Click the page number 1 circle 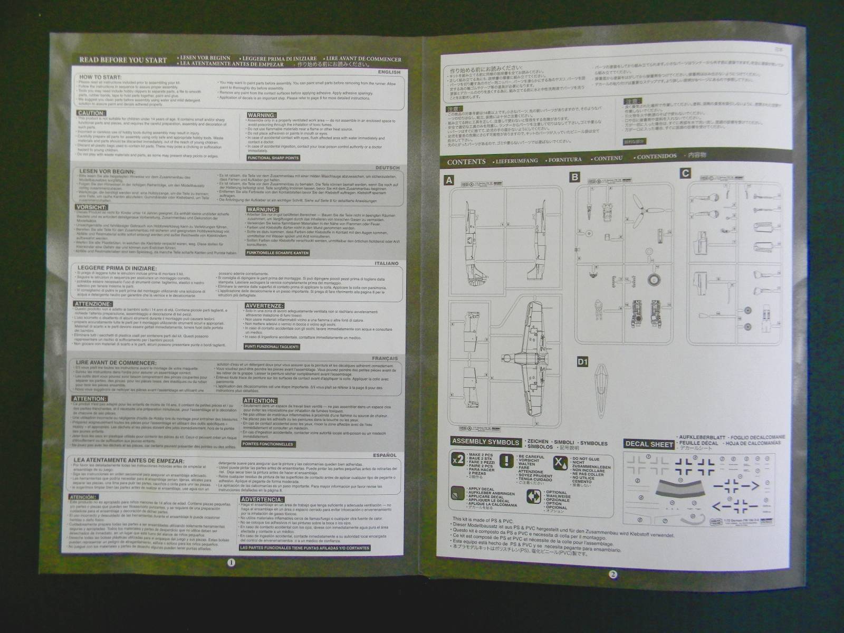point(231,562)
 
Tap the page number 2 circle point(612,574)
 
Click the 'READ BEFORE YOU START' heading point(122,60)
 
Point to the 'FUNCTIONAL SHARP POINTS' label point(273,158)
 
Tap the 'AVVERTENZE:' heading point(264,305)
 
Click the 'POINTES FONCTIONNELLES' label point(268,444)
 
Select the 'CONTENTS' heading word point(466,162)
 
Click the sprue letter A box point(449,180)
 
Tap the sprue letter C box point(685,173)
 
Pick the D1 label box point(582,362)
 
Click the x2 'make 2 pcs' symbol point(458,461)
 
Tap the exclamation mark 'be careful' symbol point(507,461)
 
